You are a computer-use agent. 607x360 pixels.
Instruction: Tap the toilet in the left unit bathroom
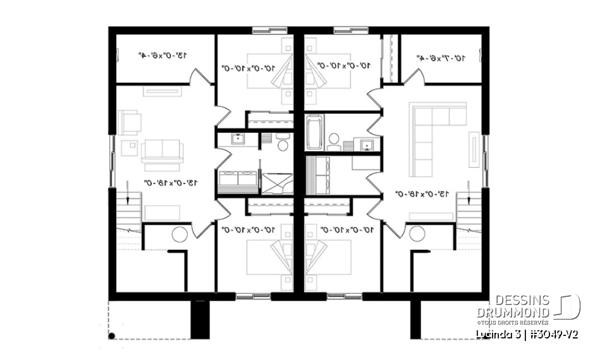283,146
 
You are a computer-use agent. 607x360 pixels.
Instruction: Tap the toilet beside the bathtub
334,139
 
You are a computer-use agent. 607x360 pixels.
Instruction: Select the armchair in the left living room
130,121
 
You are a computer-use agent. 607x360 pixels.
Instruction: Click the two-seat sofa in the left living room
162,150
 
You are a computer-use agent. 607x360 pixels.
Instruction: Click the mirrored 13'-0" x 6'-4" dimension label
164,56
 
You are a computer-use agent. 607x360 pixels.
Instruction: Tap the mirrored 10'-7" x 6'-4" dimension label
441,58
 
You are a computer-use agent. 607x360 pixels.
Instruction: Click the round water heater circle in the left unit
179,234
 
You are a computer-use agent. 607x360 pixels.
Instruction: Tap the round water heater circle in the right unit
417,235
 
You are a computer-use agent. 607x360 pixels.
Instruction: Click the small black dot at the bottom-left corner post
112,336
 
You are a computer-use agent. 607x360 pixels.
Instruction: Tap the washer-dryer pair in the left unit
238,183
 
